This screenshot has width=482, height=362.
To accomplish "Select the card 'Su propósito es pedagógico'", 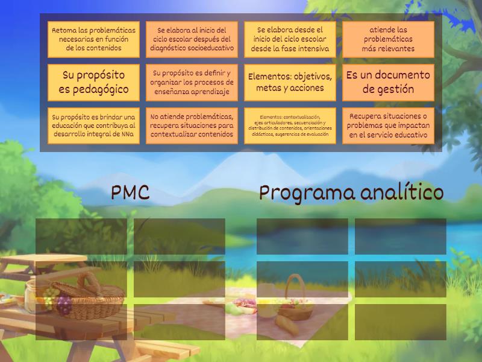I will pyautogui.click(x=93, y=83).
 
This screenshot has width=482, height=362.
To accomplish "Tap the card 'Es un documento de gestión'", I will pyautogui.click(x=388, y=83).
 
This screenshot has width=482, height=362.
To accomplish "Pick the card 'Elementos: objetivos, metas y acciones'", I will pyautogui.click(x=290, y=83).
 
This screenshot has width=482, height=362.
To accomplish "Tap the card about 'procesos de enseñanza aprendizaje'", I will pyautogui.click(x=192, y=83).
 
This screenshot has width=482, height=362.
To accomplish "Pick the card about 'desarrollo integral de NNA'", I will pyautogui.click(x=93, y=126).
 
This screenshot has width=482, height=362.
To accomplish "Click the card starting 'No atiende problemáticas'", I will pyautogui.click(x=192, y=126).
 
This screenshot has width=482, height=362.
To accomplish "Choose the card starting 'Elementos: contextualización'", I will pyautogui.click(x=290, y=126).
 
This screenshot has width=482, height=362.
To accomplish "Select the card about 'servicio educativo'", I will pyautogui.click(x=388, y=126).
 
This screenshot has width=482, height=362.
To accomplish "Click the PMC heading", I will pyautogui.click(x=130, y=192).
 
